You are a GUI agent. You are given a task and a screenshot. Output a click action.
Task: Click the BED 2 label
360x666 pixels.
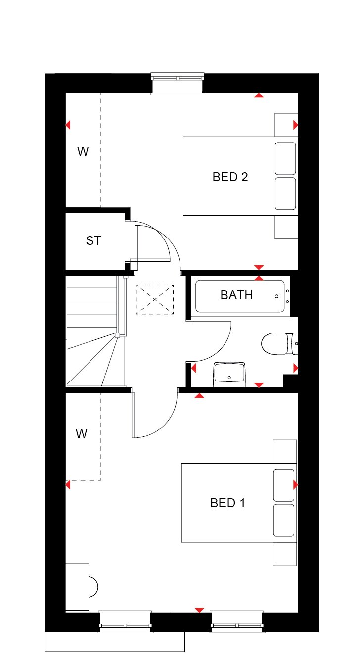[x=230, y=177]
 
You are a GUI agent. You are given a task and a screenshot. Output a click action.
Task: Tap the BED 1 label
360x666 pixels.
[x=227, y=503]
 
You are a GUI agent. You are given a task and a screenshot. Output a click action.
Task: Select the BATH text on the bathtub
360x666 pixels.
[x=236, y=295]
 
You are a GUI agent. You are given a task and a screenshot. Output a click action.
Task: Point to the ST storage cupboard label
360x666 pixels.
[x=93, y=240]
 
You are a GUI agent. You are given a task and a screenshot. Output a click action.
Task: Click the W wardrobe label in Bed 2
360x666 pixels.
[x=83, y=151]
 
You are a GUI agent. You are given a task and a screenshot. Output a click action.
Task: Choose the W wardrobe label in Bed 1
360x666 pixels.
[x=82, y=434]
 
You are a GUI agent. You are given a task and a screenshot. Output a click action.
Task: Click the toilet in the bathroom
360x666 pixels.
[x=279, y=344]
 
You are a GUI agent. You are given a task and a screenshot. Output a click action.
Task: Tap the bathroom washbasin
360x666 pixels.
[x=229, y=375]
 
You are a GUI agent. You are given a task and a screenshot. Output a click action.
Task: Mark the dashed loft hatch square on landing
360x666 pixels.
[x=155, y=299]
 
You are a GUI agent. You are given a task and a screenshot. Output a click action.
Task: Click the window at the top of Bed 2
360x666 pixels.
[x=178, y=83]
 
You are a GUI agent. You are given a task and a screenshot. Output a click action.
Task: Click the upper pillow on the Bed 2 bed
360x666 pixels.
[x=285, y=158]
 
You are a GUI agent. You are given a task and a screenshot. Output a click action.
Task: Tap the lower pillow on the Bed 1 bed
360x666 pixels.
[x=284, y=521]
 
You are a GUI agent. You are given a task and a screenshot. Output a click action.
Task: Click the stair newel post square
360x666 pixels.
[x=117, y=335]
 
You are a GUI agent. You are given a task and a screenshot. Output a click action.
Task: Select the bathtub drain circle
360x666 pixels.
[x=276, y=296]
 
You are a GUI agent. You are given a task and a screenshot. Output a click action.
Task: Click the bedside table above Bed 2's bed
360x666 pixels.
[x=286, y=125]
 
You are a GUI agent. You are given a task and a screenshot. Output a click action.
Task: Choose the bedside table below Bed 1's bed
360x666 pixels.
[x=285, y=554]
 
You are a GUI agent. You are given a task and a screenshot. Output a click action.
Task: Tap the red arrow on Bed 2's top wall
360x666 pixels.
[x=259, y=95]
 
